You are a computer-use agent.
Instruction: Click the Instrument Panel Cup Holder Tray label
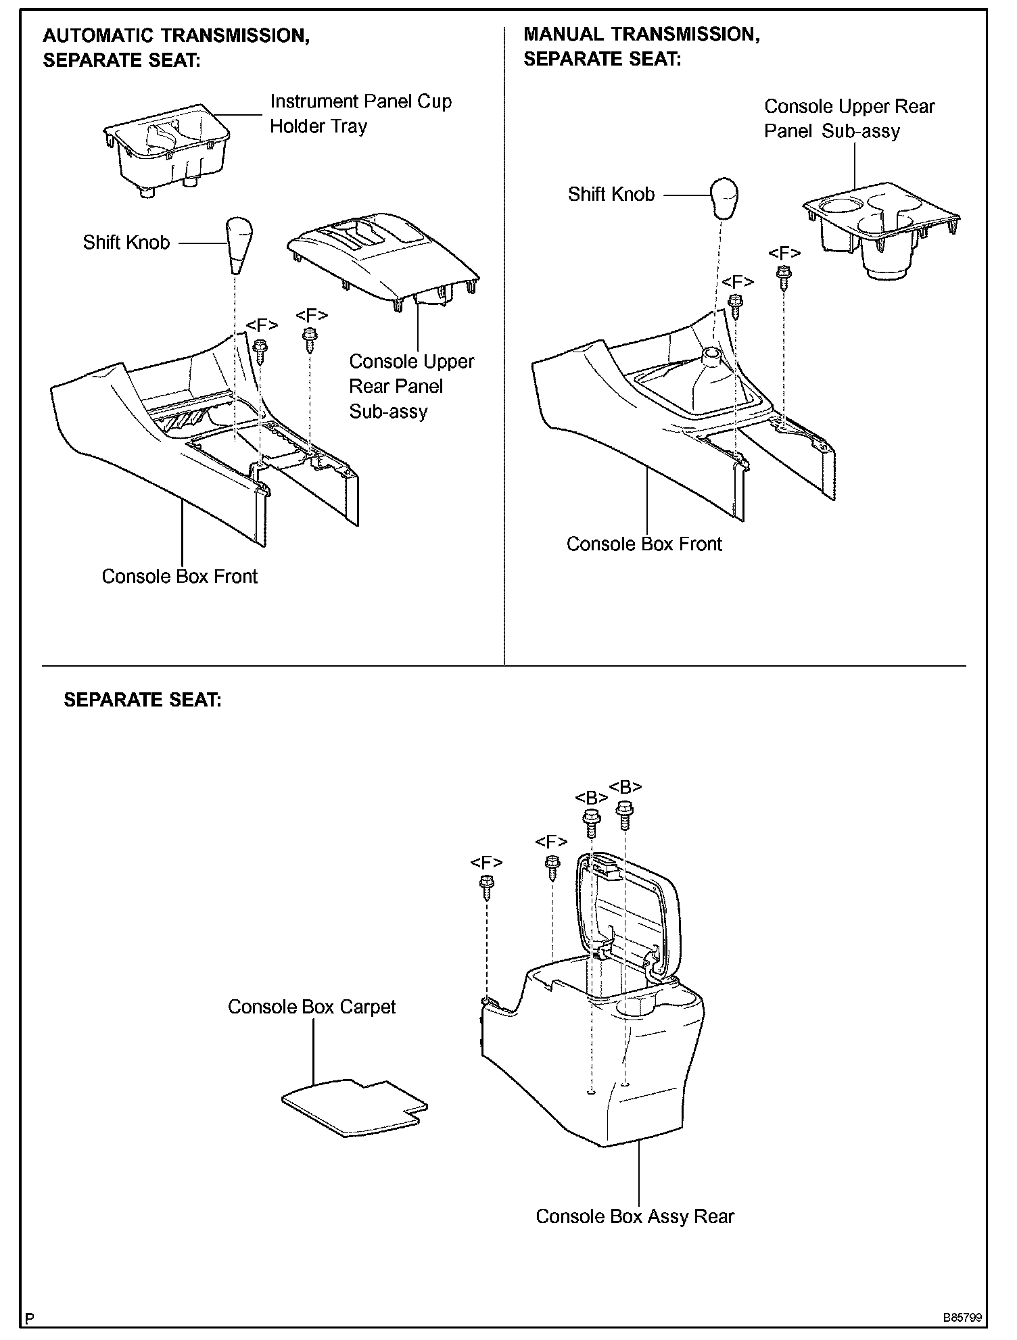pos(360,114)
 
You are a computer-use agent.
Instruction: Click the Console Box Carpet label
pos(311,1007)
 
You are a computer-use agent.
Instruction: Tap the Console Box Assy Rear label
pos(634,1216)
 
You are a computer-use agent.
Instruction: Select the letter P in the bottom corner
pos(29,1320)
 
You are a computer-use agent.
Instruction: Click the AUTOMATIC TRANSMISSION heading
pos(176,35)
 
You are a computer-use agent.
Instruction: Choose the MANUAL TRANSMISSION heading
pos(642,34)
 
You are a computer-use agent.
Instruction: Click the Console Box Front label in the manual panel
pos(644,544)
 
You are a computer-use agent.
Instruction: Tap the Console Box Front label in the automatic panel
pos(179,576)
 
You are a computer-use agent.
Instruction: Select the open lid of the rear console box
pos(629,913)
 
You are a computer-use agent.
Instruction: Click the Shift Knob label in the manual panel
pos(611,195)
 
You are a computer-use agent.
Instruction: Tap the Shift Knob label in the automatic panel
pos(126,243)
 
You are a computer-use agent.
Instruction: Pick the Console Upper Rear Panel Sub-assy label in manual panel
pos(849,118)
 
